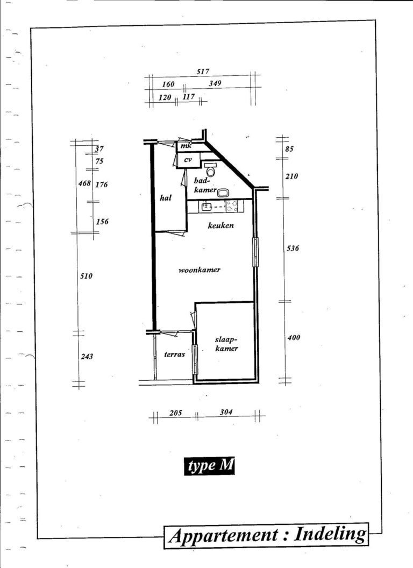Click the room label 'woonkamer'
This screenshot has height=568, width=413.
pos(200,270)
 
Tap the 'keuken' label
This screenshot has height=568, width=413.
pos(220,225)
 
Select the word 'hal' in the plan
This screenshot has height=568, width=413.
pos(166,198)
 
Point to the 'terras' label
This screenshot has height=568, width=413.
pos(175,354)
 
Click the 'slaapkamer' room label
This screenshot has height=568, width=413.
pos(226,344)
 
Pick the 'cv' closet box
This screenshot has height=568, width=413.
pos(188,160)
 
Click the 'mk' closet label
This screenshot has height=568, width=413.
pos(186,146)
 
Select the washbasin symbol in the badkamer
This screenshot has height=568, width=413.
pos(222,193)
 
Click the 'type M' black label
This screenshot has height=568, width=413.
pos(209,465)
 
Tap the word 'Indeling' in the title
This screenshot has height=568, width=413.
pos(330,534)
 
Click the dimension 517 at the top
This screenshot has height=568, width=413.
pos(203,72)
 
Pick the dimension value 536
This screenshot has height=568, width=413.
pos(293,248)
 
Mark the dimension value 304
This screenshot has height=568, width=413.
pos(226,412)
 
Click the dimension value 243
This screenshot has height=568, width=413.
pos(87,357)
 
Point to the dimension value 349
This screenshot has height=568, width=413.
pos(215,83)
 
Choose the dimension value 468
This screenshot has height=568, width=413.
pos(84,183)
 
